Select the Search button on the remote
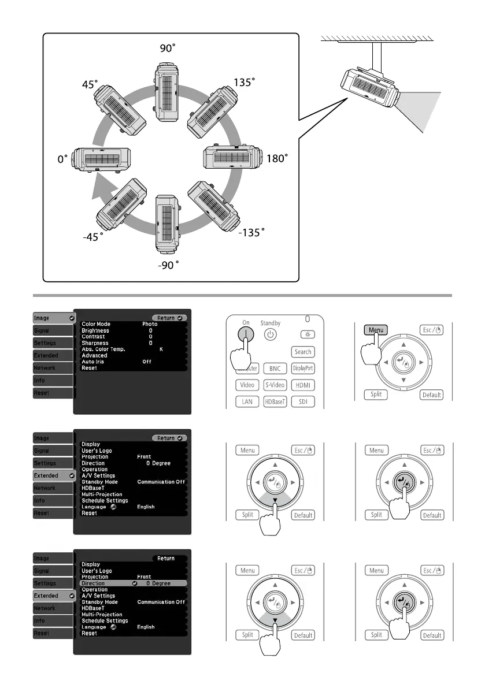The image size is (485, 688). tap(303, 352)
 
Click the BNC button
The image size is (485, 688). tap(275, 369)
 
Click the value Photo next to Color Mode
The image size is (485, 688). tap(150, 324)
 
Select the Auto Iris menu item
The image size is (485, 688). tap(92, 361)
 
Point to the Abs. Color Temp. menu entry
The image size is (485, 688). tap(103, 349)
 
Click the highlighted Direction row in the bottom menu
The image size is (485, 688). tap(133, 583)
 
